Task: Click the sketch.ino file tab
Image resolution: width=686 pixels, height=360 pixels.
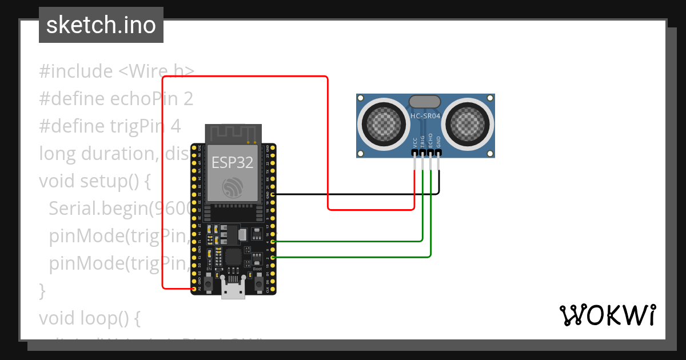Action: pos(101,25)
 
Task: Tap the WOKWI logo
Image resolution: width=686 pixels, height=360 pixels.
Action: pos(607,315)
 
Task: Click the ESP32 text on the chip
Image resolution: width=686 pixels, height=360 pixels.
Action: pos(232,162)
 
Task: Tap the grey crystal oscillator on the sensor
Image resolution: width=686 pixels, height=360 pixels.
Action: pos(425,102)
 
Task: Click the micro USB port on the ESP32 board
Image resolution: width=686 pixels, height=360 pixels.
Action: pos(233,290)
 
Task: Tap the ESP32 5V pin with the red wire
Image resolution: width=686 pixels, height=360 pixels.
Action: pos(194,289)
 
